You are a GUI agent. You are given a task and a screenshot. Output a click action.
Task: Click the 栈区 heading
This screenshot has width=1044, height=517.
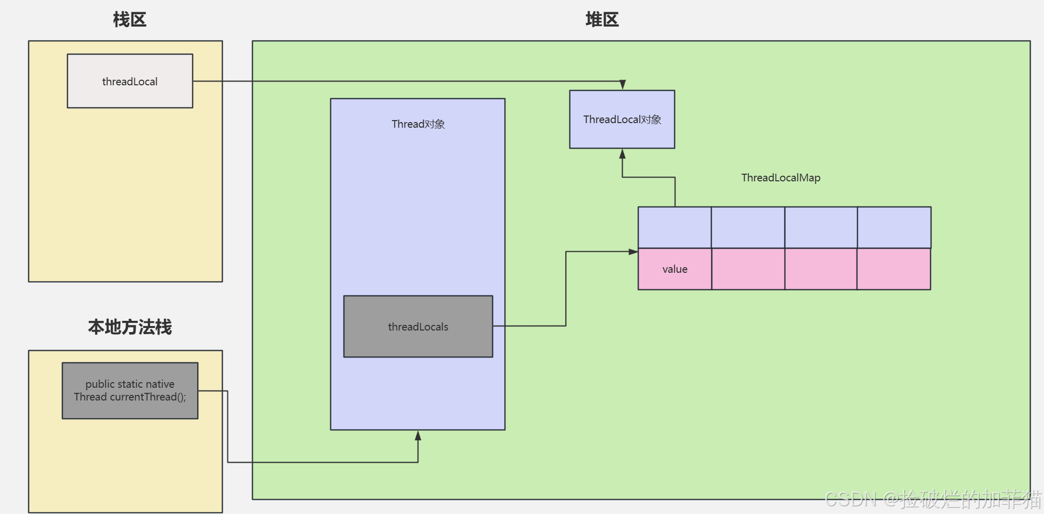click(x=129, y=20)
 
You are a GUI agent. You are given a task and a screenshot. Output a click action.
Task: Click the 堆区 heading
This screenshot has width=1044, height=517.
click(x=601, y=20)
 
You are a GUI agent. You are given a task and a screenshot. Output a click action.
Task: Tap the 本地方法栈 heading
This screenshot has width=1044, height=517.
click(x=129, y=327)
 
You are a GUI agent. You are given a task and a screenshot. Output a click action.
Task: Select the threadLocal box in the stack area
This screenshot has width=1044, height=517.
click(x=130, y=81)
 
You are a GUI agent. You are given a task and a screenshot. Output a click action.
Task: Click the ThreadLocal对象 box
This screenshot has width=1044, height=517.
click(x=622, y=120)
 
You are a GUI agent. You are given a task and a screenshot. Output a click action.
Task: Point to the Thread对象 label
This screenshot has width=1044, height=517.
click(x=418, y=124)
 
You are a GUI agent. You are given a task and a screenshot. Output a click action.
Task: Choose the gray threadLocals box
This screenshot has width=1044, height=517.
click(x=418, y=326)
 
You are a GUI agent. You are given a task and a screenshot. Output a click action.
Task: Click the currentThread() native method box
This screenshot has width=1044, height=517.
click(x=130, y=391)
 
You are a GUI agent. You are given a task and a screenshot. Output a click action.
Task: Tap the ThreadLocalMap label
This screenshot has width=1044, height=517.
click(x=780, y=178)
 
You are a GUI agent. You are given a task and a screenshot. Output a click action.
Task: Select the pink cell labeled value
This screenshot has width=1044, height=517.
click(x=675, y=269)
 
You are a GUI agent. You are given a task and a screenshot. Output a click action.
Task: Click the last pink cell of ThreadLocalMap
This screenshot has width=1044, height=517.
click(x=894, y=269)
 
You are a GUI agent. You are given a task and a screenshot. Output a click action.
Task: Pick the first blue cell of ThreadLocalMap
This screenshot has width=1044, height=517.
click(x=675, y=227)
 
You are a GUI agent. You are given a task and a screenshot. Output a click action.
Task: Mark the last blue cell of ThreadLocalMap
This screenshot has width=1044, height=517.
click(x=894, y=227)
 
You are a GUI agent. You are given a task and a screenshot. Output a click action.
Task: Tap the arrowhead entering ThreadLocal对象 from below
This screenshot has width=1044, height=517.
click(x=622, y=154)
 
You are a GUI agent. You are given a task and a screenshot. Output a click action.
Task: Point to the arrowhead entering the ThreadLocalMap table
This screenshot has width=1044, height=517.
click(x=633, y=251)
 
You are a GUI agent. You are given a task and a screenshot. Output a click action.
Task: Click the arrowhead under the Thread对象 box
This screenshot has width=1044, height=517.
click(x=418, y=435)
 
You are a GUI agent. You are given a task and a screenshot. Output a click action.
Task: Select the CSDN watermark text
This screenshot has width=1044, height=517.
click(x=933, y=499)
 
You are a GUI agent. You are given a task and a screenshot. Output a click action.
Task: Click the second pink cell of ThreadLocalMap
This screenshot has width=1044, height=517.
click(x=748, y=269)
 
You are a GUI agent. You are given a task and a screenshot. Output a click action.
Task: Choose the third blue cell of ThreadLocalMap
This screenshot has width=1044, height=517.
click(x=821, y=227)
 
